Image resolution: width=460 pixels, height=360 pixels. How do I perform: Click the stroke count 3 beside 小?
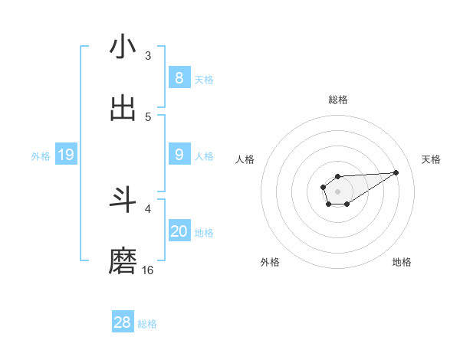pyautogui.click(x=147, y=55)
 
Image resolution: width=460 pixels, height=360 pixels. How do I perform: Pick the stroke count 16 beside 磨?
pyautogui.click(x=147, y=270)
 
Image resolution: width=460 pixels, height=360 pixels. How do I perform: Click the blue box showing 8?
pyautogui.click(x=179, y=78)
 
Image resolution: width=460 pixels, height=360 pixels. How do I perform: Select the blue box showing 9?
pyautogui.click(x=179, y=155)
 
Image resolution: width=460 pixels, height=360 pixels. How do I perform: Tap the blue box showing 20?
pyautogui.click(x=179, y=231)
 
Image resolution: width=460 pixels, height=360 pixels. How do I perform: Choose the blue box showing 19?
pyautogui.click(x=65, y=155)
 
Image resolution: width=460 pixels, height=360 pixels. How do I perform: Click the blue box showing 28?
pyautogui.click(x=122, y=322)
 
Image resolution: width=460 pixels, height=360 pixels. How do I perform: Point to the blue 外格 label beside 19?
pyautogui.click(x=41, y=156)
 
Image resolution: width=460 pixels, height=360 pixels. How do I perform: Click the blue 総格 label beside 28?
pyautogui.click(x=147, y=324)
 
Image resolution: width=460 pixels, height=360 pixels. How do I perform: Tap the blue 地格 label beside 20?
pyautogui.click(x=204, y=233)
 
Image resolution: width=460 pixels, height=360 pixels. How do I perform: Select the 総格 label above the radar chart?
pyautogui.click(x=338, y=100)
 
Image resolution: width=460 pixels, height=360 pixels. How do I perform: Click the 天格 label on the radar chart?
pyautogui.click(x=431, y=159)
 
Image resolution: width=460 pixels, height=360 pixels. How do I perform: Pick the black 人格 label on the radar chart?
pyautogui.click(x=245, y=159)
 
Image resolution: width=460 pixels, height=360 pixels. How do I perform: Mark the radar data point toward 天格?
pyautogui.click(x=396, y=172)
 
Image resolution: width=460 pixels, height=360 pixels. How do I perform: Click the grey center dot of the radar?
pyautogui.click(x=338, y=190)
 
